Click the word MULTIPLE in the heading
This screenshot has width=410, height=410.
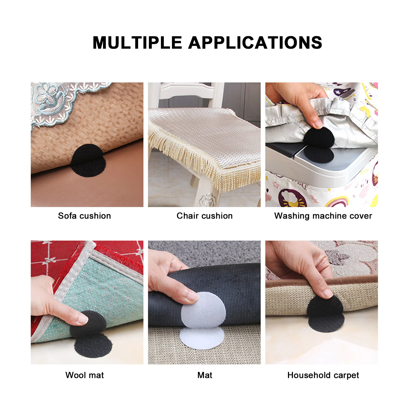pyautogui.click(x=137, y=43)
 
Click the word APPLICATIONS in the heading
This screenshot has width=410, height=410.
pyautogui.click(x=255, y=43)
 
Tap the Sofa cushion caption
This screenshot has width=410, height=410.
pyautogui.click(x=84, y=216)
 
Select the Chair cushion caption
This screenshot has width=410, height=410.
pyautogui.click(x=204, y=216)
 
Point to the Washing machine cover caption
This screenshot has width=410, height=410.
pyautogui.click(x=323, y=216)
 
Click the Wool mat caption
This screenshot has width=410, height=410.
pyautogui.click(x=85, y=375)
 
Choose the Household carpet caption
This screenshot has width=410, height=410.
pyautogui.click(x=323, y=375)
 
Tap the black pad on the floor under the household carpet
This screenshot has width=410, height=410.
pyautogui.click(x=326, y=324)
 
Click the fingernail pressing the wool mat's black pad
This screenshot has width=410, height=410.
pyautogui.click(x=83, y=319)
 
